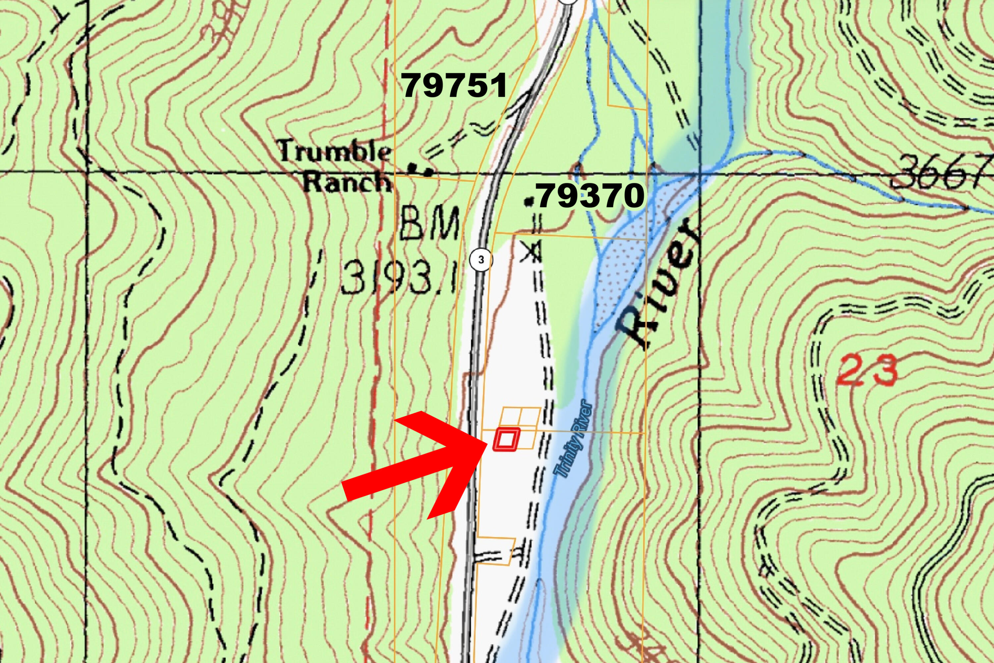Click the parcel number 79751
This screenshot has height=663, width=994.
pos(455,85)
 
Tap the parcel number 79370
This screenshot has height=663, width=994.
pos(591,196)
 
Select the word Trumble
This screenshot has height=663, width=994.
pos(334,151)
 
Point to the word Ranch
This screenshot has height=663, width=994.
pos(347,183)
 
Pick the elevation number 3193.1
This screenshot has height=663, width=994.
pos(400,278)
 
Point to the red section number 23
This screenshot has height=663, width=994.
pos(867,371)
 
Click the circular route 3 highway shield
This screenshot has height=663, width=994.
pos(481,260)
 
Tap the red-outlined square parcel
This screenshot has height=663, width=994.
pos(506,440)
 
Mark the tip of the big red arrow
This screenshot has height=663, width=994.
pos(486,442)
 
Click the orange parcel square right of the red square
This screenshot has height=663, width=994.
pos(527,440)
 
